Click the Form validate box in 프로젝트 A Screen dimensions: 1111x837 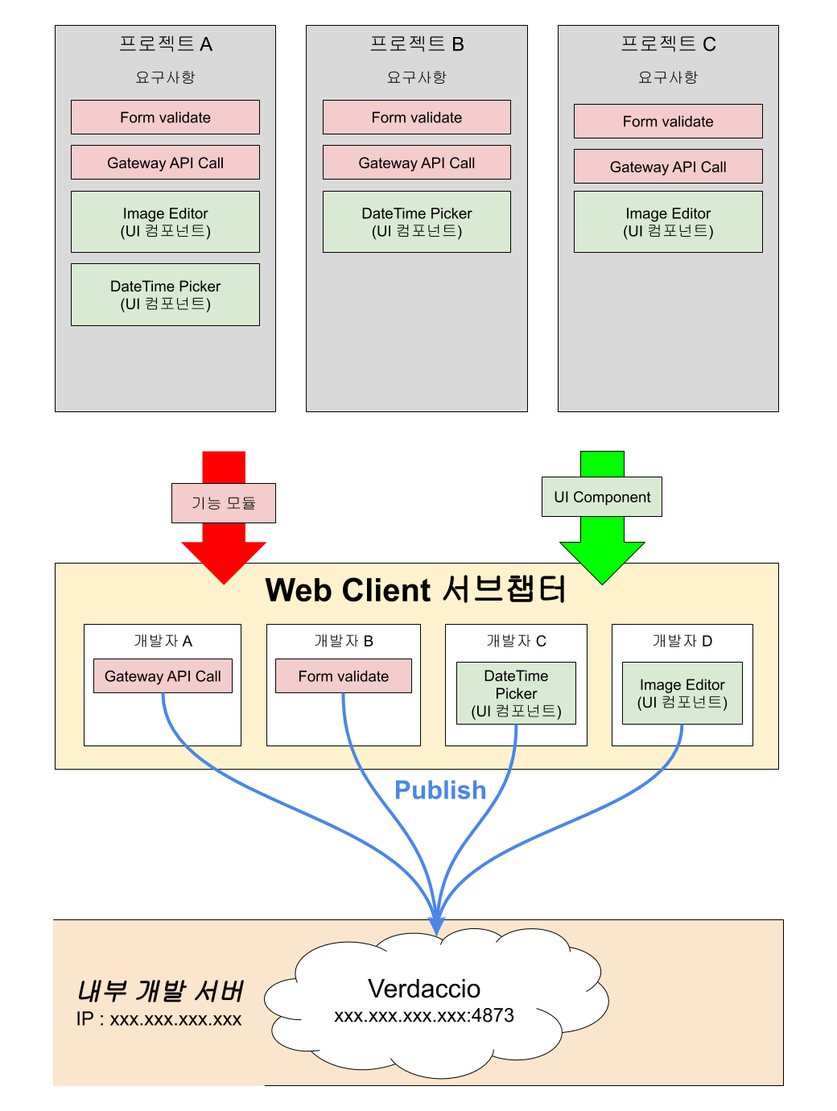165,118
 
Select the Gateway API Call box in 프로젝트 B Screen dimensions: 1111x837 416,163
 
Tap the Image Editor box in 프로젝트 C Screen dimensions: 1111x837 668,222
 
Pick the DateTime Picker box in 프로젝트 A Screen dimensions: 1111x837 165,295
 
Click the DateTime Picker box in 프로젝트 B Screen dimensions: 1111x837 416,222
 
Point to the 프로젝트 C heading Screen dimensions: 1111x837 668,44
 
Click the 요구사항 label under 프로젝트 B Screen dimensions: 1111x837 416,77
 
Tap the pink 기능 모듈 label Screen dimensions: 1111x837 223,503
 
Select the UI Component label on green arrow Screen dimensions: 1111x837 602,498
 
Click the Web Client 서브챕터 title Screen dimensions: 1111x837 416,590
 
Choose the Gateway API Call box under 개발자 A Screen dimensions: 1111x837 163,676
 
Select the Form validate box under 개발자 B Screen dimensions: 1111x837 343,676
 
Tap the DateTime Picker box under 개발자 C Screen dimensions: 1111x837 516,693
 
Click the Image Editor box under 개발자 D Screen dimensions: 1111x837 682,693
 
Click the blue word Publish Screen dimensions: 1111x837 440,791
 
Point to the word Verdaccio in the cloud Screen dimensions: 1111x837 424,989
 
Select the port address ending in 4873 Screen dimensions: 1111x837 424,1016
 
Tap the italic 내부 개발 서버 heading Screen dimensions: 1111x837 160,991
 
